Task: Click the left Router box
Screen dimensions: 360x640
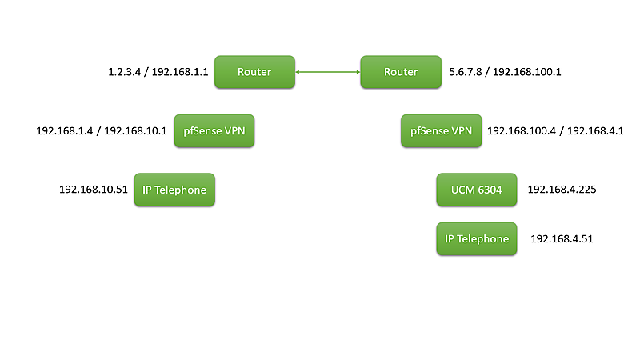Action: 254,72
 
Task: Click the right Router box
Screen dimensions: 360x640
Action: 401,72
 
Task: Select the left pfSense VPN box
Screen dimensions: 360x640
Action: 214,130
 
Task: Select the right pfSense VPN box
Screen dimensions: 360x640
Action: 441,130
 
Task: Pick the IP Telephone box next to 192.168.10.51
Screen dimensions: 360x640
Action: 174,190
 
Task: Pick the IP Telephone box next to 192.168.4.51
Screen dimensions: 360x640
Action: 477,238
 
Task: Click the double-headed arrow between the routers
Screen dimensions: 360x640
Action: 328,73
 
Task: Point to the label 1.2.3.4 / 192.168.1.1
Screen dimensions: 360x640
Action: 158,72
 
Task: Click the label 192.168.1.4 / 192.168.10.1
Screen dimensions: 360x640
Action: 102,130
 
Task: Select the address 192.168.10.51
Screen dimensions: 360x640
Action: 94,190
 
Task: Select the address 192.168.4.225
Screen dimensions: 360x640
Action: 562,190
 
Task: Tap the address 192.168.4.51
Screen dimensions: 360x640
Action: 562,238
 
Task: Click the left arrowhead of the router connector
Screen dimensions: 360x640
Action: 298,73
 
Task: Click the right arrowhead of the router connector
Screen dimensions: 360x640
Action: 357,73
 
